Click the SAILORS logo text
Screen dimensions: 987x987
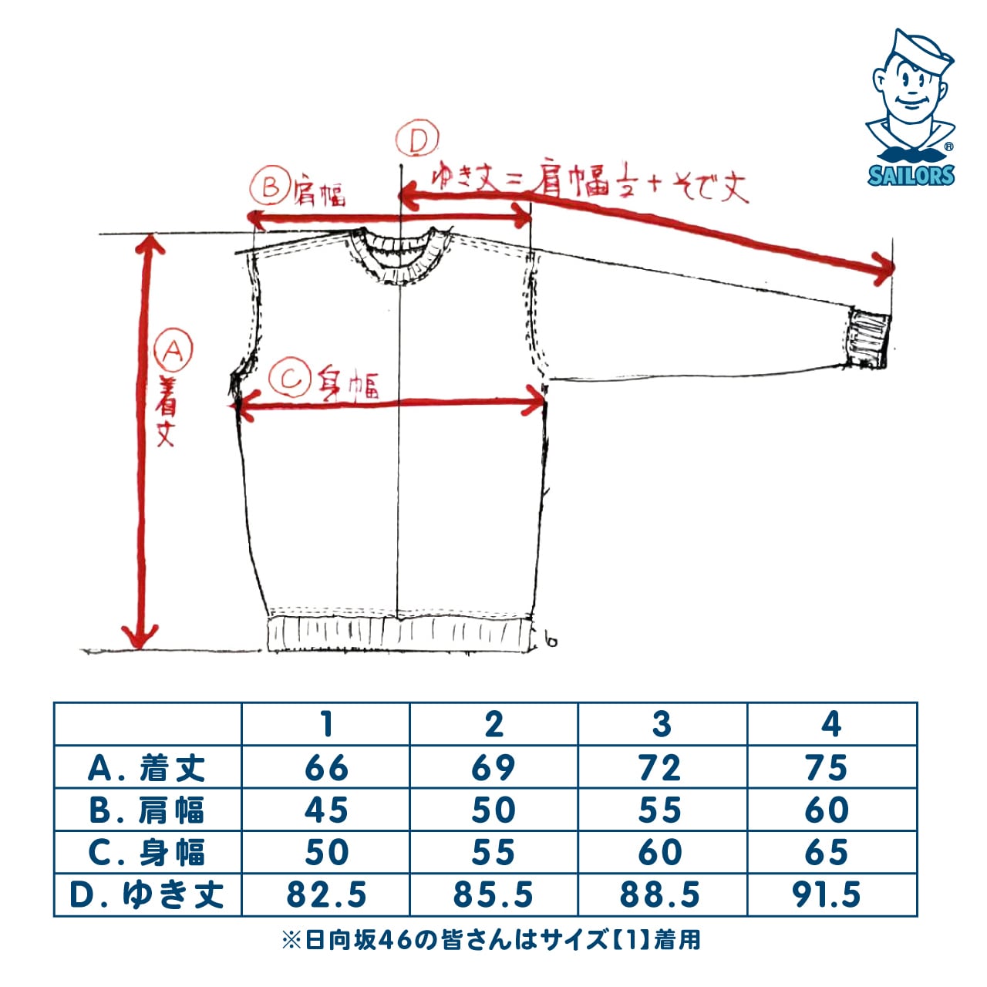tap(911, 175)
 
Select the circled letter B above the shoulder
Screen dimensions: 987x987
tap(269, 187)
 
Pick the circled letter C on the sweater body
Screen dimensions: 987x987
tap(291, 379)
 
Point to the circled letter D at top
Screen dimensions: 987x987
tap(417, 140)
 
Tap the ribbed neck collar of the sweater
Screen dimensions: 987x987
tap(399, 254)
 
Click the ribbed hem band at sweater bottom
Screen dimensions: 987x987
tap(399, 634)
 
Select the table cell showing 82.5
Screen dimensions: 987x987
tap(326, 894)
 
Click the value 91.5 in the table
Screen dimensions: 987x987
tap(826, 894)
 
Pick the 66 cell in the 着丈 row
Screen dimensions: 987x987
tap(326, 768)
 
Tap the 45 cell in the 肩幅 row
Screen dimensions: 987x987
tap(326, 810)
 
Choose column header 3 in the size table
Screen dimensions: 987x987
tap(662, 725)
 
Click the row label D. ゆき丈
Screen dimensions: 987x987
tap(147, 894)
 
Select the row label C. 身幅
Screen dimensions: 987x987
tap(147, 852)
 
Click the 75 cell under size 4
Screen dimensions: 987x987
tap(826, 768)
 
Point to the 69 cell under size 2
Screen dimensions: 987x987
tap(493, 768)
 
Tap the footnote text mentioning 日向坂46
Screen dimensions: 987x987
tap(492, 940)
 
